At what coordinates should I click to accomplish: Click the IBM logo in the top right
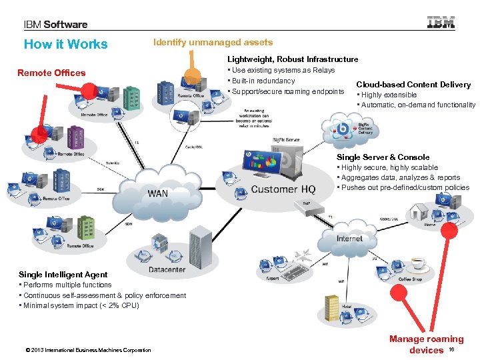click(x=441, y=23)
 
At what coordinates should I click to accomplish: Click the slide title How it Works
click(x=65, y=45)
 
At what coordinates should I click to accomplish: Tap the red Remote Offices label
click(x=51, y=73)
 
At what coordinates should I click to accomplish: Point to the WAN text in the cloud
click(x=158, y=193)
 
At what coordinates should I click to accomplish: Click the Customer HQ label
click(x=283, y=189)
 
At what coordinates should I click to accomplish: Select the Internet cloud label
click(x=349, y=238)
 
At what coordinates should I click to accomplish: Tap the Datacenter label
click(x=167, y=270)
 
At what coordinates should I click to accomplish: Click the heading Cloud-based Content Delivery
click(x=413, y=85)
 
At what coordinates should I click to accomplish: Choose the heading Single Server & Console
click(x=383, y=157)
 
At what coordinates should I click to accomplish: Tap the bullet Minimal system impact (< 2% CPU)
click(x=81, y=305)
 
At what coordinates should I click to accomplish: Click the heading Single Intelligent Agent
click(x=63, y=275)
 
